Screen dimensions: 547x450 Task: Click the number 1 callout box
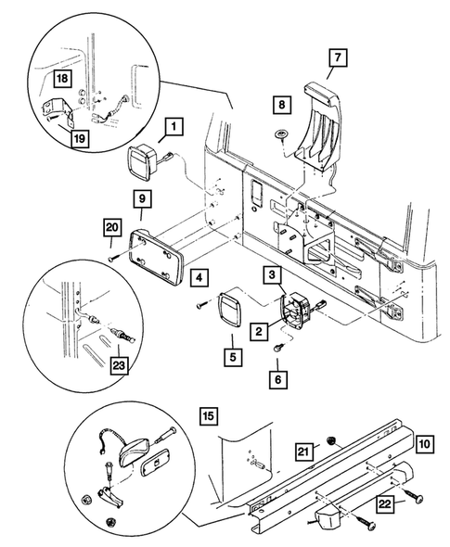pyautogui.click(x=174, y=123)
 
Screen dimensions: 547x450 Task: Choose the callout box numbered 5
pyautogui.click(x=226, y=353)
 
